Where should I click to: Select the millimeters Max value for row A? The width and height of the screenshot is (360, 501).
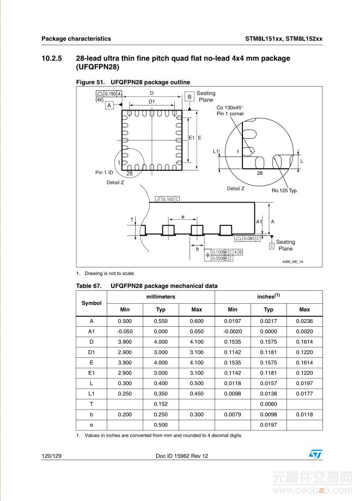pos(197,321)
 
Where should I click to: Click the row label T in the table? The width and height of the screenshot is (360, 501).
pos(91,404)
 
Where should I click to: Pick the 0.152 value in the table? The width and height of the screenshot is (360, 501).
pos(161,404)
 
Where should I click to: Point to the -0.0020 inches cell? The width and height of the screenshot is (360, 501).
pos(233,332)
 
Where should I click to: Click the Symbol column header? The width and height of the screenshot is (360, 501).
pos(91,303)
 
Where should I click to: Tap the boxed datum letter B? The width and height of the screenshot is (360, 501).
pos(190,97)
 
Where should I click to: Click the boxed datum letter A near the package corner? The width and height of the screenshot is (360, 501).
pos(109,106)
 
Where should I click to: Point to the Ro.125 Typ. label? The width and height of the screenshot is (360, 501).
pos(285,191)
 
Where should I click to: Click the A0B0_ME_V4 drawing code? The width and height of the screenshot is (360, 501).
pos(292,262)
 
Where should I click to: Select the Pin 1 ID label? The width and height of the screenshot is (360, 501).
pos(104,173)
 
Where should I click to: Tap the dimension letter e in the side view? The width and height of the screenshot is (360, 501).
pos(183,217)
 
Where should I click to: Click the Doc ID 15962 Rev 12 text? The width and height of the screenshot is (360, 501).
pos(182,456)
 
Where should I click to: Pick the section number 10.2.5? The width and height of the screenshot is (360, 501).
pos(52,58)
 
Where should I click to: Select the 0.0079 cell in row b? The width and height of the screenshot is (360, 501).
pos(233,414)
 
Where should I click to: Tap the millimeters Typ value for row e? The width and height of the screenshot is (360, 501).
pos(161,425)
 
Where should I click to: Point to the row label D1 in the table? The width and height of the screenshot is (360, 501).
pos(91,352)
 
